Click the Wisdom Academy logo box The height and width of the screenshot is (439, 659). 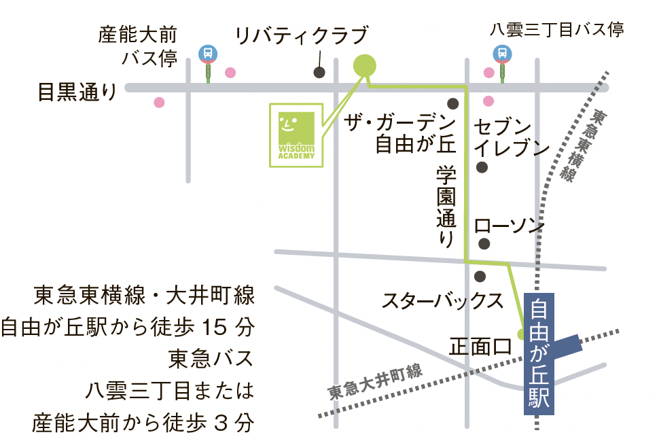(x=297, y=135)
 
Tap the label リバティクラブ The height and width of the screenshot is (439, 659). (x=301, y=35)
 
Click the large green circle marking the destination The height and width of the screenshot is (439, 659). (x=365, y=65)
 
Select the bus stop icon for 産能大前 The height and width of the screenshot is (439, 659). (x=207, y=54)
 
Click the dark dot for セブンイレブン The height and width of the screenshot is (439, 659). (x=482, y=167)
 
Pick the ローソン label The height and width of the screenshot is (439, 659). (x=510, y=226)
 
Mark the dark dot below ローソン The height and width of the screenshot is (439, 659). (x=484, y=243)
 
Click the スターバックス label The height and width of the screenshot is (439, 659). (x=442, y=300)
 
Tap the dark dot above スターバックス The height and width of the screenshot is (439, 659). (x=480, y=277)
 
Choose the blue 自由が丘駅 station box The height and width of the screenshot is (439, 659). (x=541, y=353)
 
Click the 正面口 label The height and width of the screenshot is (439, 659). (x=480, y=347)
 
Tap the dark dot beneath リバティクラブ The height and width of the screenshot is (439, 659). (x=318, y=73)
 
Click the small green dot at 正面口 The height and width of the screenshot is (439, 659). (x=522, y=334)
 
